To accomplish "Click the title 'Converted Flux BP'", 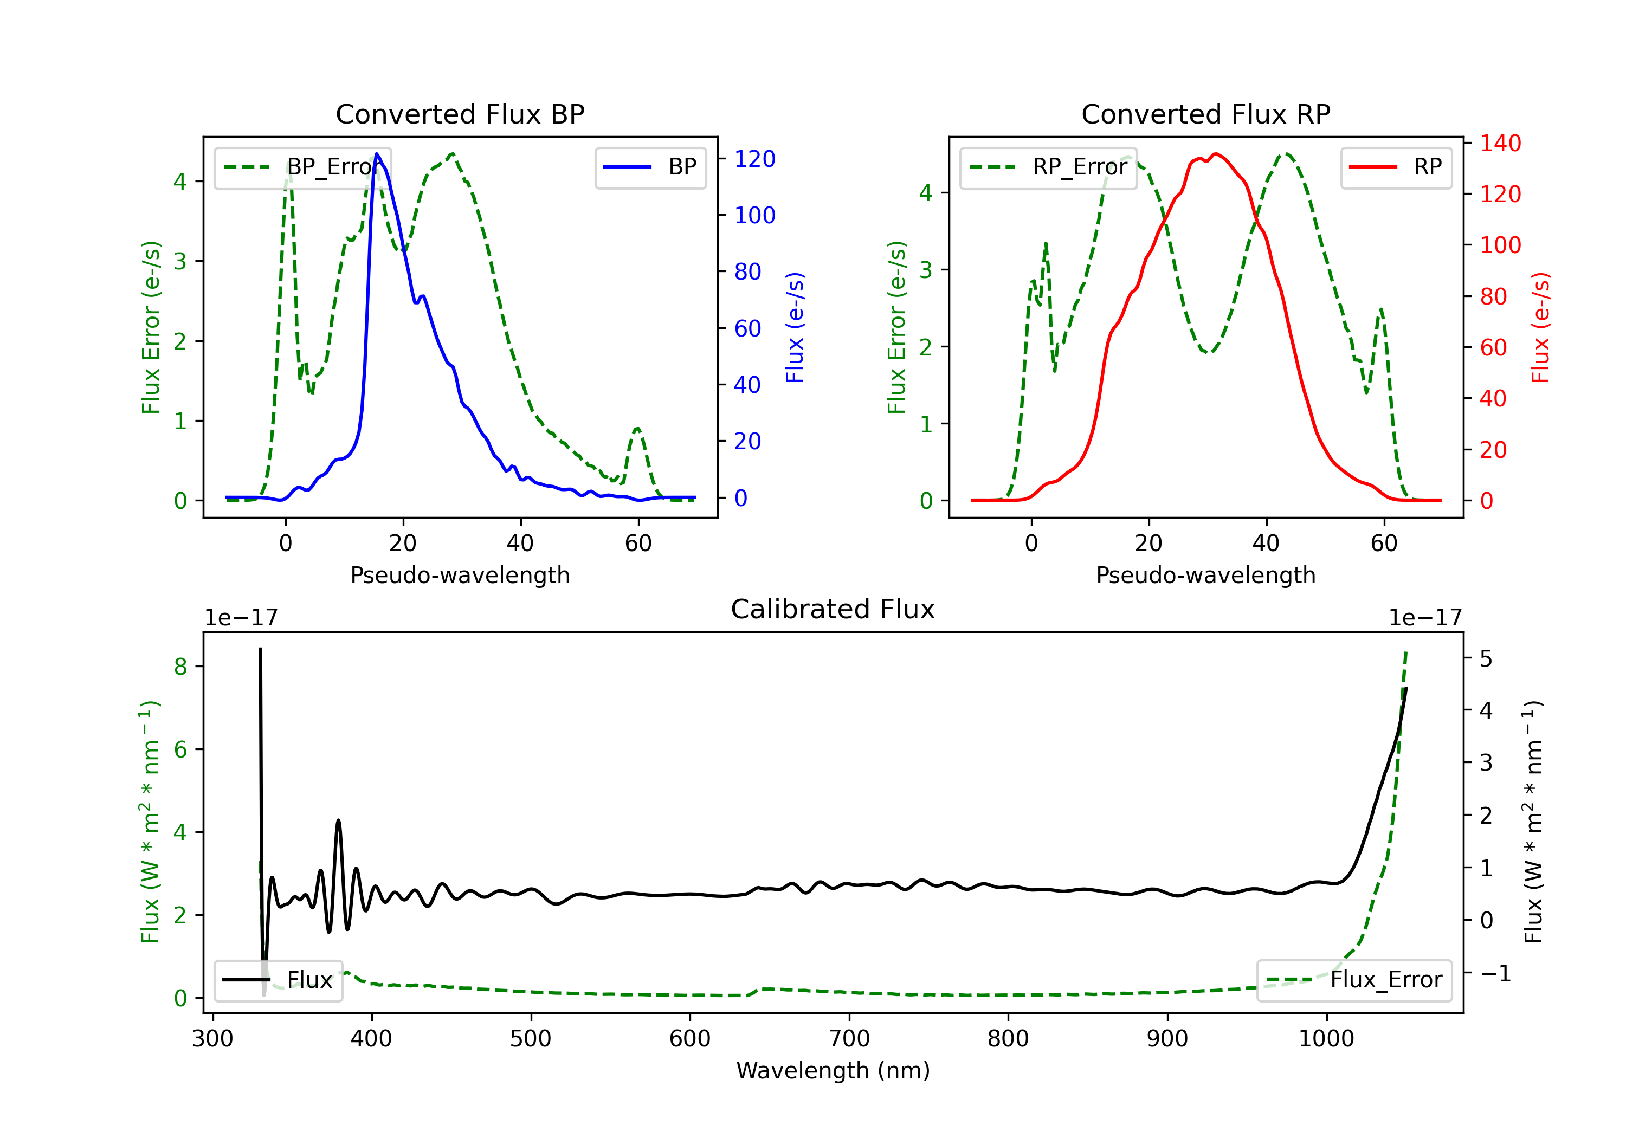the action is coord(460,114).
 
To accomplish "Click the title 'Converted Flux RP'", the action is coord(1206,114).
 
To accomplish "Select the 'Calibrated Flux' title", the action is coord(833,609).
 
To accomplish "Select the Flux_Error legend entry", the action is coord(1354,980).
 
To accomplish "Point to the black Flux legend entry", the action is coord(279,980).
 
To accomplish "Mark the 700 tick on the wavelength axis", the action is coord(849,1039).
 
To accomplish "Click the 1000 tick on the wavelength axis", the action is coord(1326,1039).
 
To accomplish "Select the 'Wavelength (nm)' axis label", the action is coord(833,1071).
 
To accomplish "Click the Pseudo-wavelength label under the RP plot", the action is coord(1206,575).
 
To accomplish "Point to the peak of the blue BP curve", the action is coord(377,154).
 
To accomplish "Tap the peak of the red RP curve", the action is coord(1215,154).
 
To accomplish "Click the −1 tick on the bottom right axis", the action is coord(1495,974).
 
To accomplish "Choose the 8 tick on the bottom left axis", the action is coord(180,667).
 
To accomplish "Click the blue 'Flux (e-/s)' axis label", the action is coord(795,328).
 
